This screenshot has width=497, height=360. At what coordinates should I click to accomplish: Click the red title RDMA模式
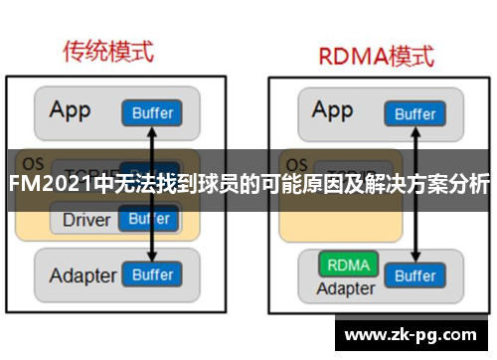pos(377,55)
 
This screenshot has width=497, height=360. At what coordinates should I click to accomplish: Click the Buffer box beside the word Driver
pos(149,219)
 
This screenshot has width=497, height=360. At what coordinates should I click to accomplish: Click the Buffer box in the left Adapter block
pos(152,273)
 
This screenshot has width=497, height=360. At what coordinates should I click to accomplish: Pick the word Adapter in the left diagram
pos(82,273)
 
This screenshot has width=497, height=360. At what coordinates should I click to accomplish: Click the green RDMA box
pos(347,266)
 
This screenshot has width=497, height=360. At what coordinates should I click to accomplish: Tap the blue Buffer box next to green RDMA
pos(414,273)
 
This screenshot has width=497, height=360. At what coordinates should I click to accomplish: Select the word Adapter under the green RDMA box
pos(346,288)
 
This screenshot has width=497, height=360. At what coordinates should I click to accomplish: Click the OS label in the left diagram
pos(33,163)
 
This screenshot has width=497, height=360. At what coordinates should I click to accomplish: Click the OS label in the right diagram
pos(294,163)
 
